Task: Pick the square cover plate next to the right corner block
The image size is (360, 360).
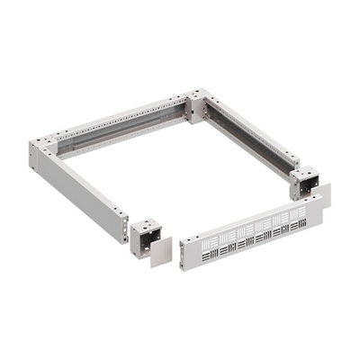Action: [321, 195]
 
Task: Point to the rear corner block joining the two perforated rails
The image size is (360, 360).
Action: [196, 106]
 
